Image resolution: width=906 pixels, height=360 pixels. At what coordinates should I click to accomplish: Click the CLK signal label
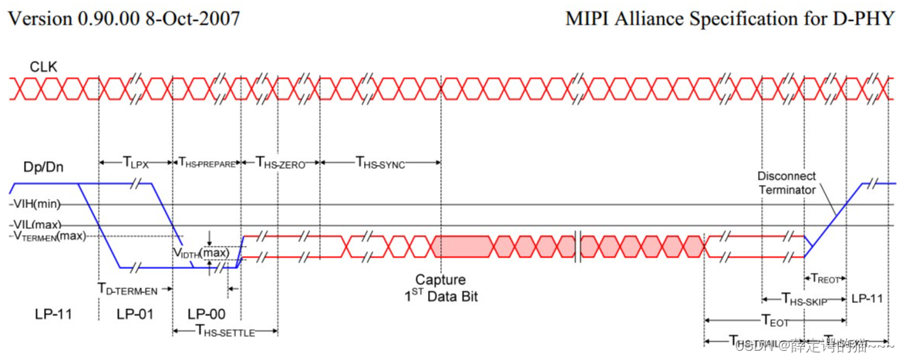43,68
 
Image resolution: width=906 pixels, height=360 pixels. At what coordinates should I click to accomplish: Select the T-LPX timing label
136,162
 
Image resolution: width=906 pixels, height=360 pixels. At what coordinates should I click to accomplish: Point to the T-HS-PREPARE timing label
207,163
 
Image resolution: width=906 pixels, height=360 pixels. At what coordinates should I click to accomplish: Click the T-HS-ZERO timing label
281,163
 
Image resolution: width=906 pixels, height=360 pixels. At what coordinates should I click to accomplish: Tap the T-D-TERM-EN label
127,288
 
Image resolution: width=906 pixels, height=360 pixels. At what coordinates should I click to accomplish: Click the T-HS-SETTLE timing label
225,331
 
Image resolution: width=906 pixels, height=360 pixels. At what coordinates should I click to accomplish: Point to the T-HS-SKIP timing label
803,299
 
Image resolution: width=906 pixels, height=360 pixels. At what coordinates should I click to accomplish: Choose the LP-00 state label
207,314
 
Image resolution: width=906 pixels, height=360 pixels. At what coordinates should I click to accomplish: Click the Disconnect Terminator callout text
786,183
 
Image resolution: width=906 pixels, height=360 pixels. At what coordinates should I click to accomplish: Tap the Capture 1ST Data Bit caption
440,288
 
